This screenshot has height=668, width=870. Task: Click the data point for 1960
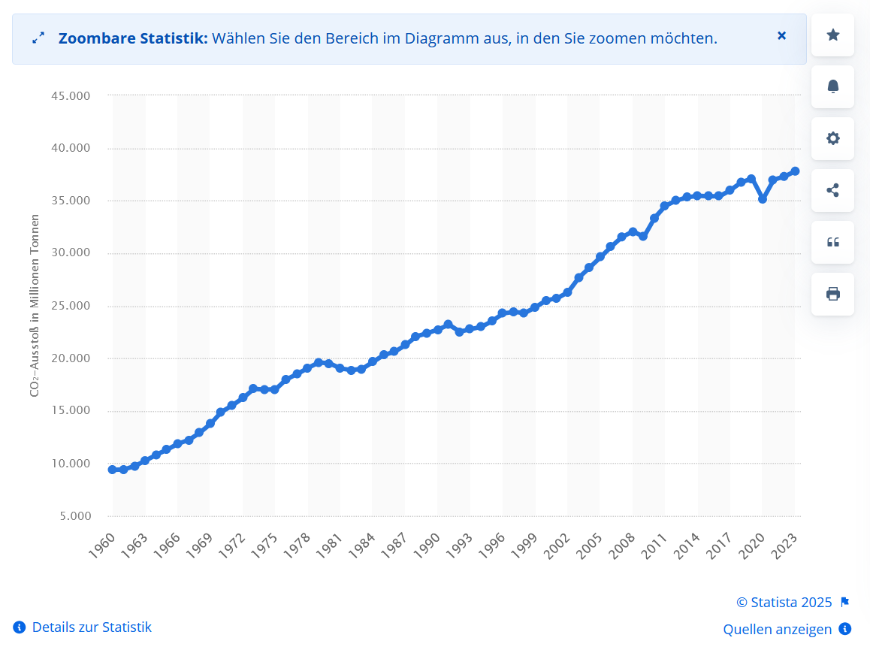pos(113,470)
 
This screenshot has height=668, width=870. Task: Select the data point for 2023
pos(795,171)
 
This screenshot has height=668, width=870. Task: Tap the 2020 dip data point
pos(763,199)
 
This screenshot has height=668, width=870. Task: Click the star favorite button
pos(832,35)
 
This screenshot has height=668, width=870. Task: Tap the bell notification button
pos(832,86)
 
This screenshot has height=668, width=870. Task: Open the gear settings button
pos(832,138)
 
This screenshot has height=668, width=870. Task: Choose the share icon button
pos(832,190)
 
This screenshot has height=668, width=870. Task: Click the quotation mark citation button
pos(832,242)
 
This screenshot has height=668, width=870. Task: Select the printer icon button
pos(832,294)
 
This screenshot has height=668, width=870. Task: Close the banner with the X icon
pos(781,35)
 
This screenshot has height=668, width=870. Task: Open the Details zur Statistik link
pos(91,627)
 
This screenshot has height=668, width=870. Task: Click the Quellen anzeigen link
pos(778,629)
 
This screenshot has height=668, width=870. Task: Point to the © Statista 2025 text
pos(784,602)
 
